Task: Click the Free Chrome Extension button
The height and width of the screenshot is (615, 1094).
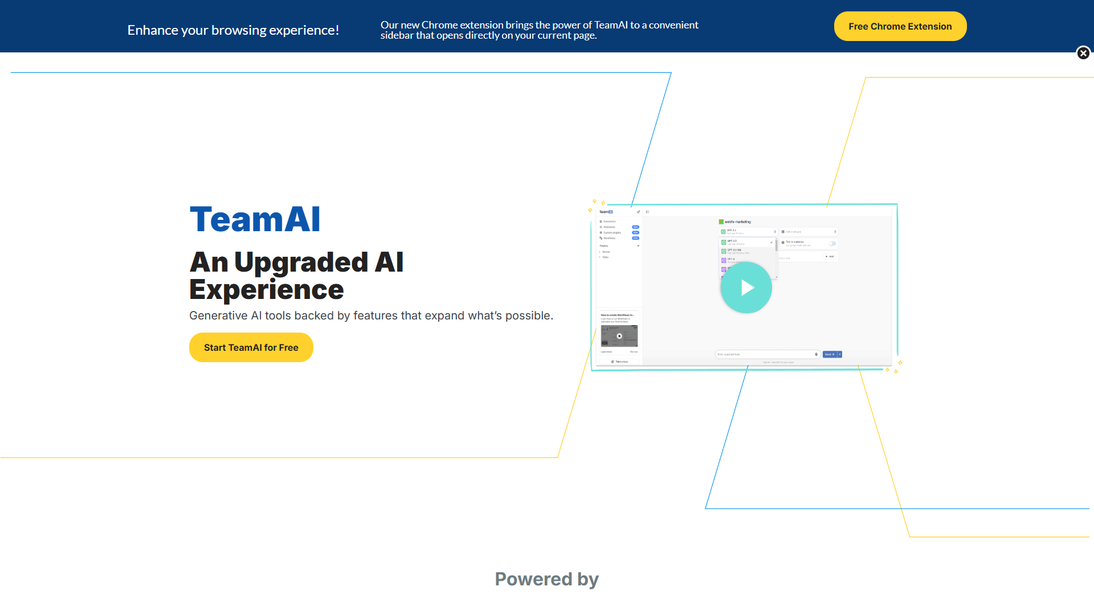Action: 900,26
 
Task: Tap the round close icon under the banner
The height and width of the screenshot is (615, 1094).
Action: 1083,53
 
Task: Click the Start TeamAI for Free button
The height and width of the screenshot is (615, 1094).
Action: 251,347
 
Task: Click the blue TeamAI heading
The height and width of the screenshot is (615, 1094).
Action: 255,219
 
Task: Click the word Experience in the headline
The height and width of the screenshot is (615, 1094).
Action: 266,290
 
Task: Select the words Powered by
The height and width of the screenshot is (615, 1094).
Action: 546,579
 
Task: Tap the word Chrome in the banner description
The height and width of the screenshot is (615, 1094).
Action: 439,25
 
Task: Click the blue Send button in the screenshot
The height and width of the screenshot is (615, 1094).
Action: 830,354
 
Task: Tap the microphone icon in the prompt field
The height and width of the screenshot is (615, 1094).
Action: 816,354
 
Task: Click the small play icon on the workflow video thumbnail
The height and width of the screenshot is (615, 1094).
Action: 619,336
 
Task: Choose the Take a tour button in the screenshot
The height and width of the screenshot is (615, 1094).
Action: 620,362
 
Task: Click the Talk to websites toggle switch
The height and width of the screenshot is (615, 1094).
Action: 832,244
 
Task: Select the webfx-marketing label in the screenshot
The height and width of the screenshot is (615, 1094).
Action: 737,222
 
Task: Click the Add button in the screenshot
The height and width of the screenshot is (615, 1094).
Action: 830,256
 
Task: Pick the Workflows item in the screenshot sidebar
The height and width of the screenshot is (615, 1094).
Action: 609,238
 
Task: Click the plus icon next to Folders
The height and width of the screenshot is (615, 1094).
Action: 638,246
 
